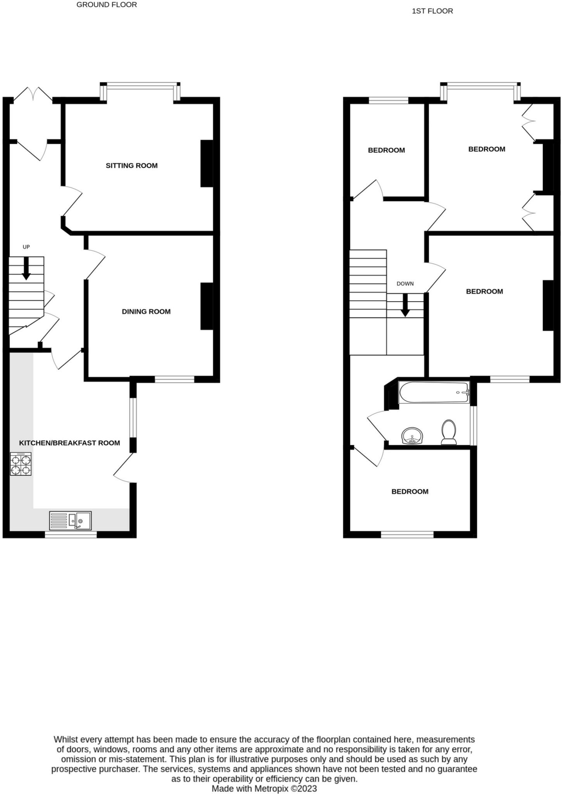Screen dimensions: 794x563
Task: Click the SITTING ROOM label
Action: point(131,166)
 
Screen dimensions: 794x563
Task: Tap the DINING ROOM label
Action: point(146,311)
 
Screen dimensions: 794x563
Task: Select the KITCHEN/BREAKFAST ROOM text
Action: point(69,443)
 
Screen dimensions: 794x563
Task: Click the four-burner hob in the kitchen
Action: point(21,464)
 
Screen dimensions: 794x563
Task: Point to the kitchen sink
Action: point(71,520)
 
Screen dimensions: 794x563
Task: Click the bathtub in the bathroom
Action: point(434,392)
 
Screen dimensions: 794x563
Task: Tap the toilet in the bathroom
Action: point(449,432)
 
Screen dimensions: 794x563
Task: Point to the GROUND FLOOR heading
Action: point(107,5)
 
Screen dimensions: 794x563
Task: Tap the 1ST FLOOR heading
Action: point(432,11)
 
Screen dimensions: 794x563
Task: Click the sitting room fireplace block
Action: point(206,163)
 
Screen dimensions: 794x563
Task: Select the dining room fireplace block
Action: point(206,306)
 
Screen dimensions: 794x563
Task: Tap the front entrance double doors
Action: point(33,95)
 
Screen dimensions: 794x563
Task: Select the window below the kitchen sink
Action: point(71,535)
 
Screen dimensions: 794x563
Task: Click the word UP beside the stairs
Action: point(26,247)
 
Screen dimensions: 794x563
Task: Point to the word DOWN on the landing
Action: point(405,284)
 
